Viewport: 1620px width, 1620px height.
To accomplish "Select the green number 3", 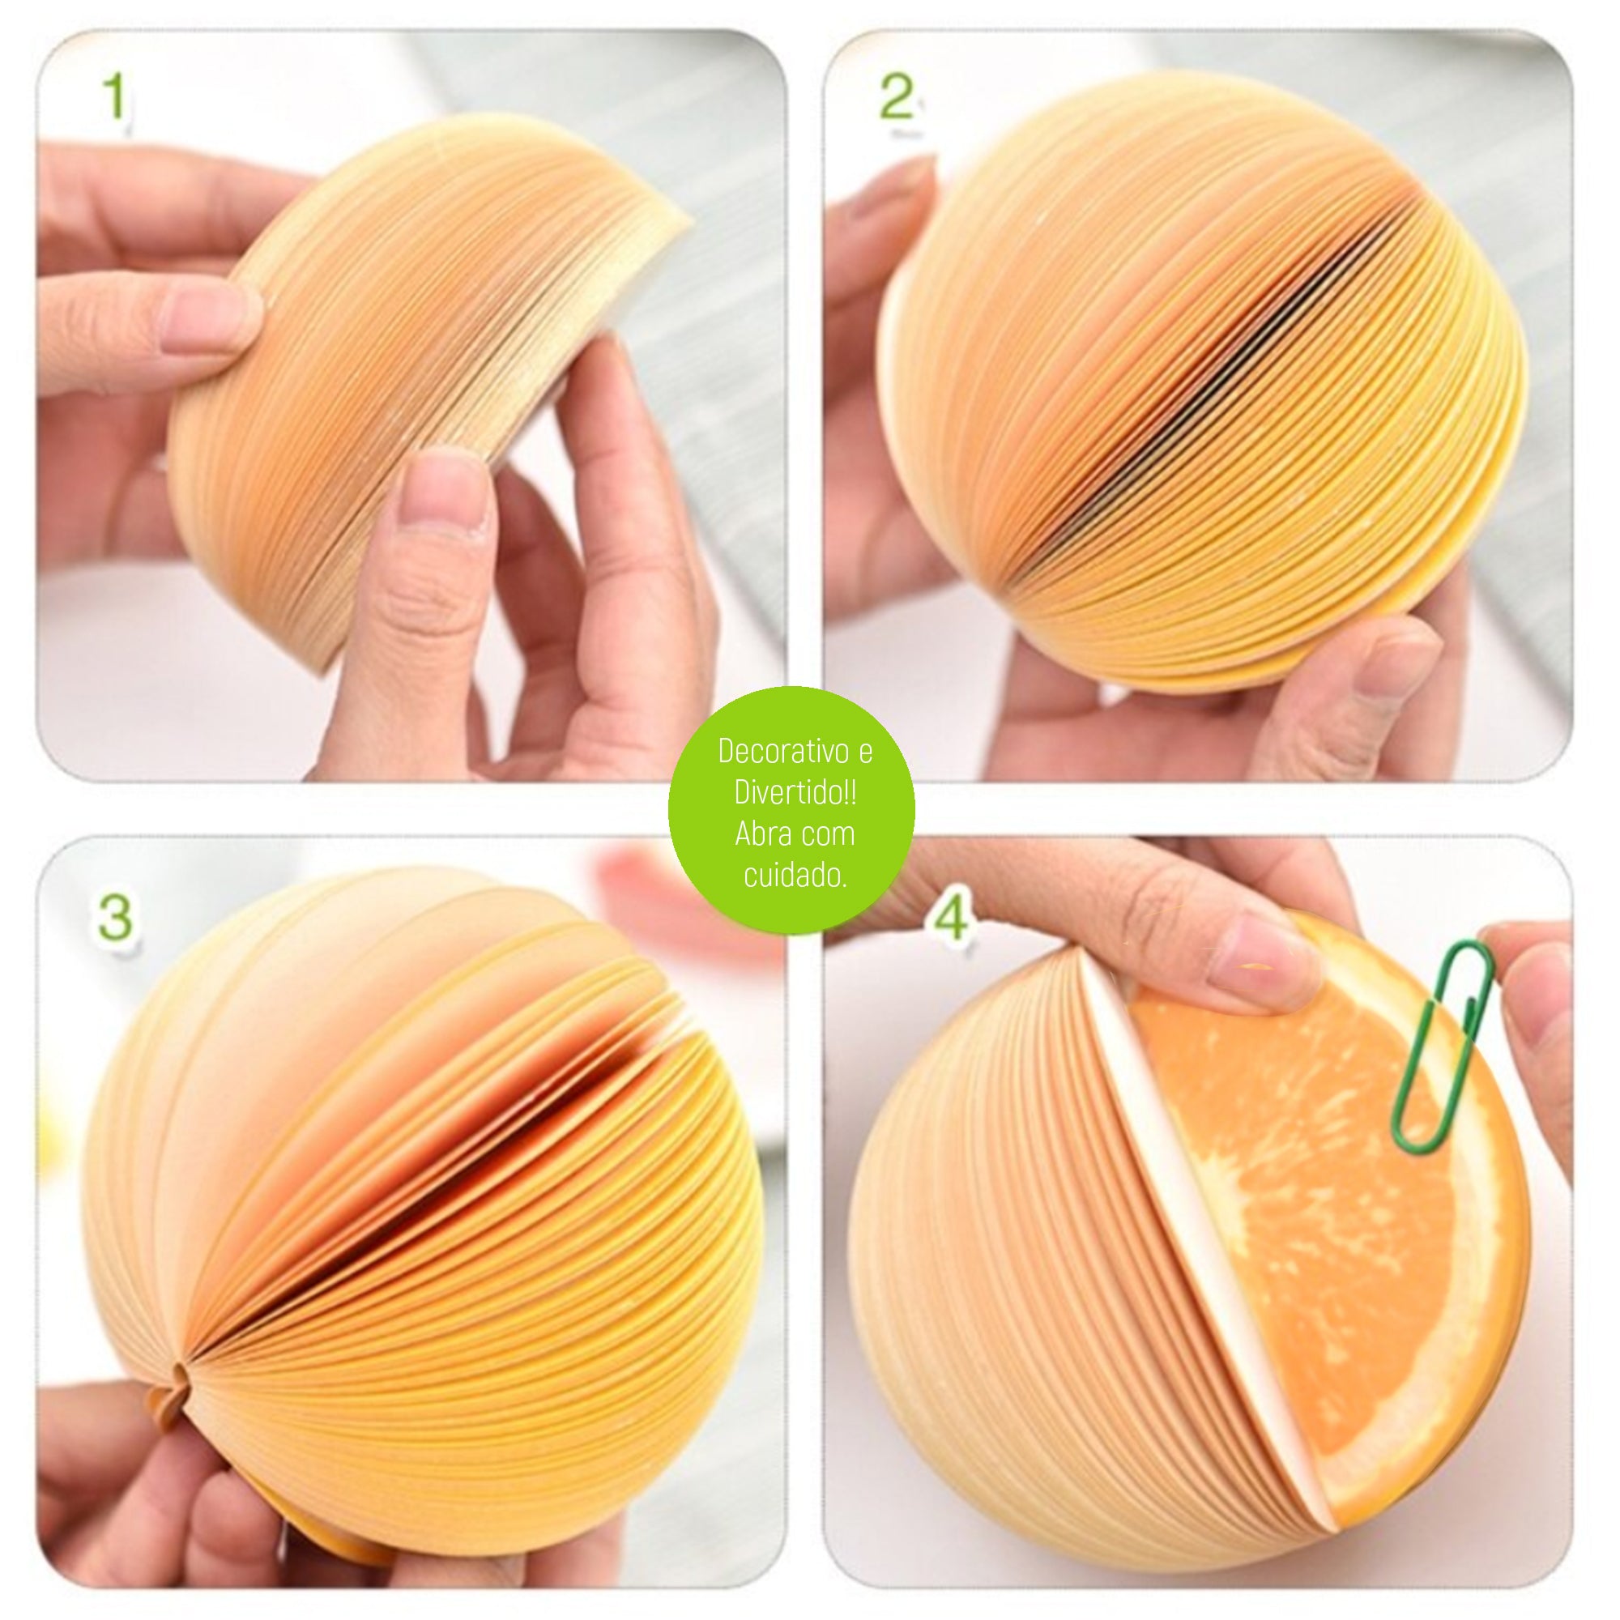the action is point(115,918).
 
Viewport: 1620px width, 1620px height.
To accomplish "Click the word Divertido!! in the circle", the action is point(794,792).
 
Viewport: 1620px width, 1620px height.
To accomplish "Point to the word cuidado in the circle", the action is point(791,876).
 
